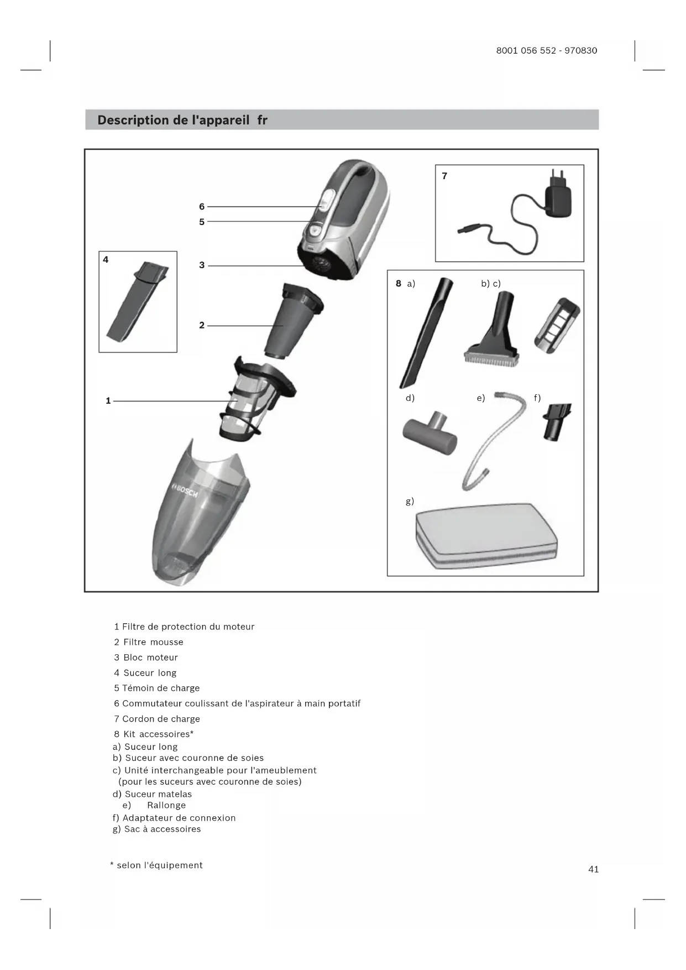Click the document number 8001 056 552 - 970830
(x=546, y=50)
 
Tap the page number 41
(x=593, y=869)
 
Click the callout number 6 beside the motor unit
(x=202, y=206)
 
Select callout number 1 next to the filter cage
(x=108, y=400)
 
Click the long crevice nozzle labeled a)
(x=426, y=332)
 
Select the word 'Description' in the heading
(x=133, y=120)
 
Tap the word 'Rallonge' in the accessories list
(x=166, y=805)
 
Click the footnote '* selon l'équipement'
(x=156, y=865)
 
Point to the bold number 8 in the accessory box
(x=398, y=284)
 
